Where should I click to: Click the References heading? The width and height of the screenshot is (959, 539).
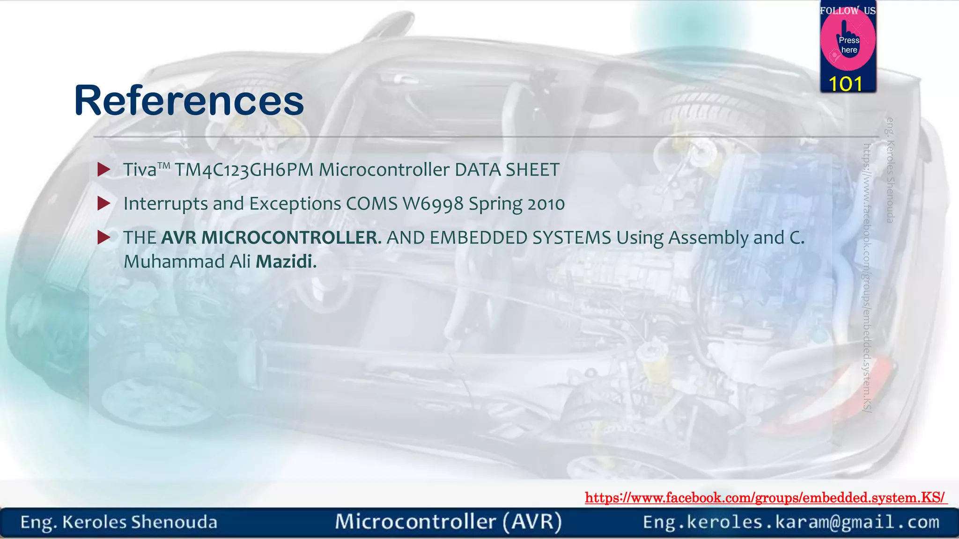point(189,101)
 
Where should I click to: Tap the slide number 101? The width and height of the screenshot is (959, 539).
point(845,84)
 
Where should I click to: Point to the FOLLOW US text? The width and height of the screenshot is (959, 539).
point(848,11)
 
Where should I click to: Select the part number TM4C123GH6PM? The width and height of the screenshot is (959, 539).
point(244,170)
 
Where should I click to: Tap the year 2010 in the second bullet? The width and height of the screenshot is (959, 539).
point(546,204)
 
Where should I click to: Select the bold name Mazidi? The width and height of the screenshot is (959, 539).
point(284,262)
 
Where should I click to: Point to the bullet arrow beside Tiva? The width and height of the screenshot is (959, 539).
point(103,170)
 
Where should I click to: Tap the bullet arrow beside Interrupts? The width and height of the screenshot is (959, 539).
point(103,204)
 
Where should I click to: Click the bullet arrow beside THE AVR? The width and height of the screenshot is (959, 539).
point(103,238)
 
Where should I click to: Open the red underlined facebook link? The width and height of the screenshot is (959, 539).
point(765,498)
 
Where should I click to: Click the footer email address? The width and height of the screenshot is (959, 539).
point(791,522)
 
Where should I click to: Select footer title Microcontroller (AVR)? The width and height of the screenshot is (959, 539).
point(448,522)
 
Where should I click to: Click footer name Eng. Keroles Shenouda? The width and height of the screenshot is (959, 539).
point(119,522)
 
